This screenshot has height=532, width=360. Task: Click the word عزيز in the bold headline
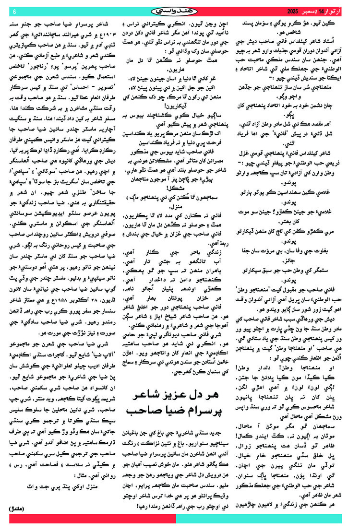[188, 396]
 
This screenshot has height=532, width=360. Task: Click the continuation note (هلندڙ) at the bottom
[19, 508]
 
